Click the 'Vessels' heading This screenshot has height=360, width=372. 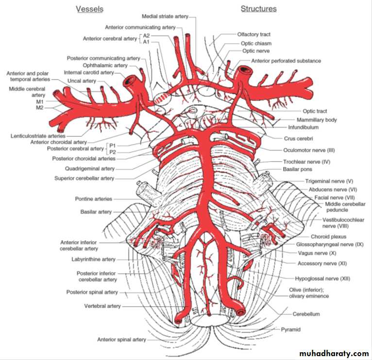[89, 9]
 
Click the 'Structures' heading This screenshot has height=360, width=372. [258, 9]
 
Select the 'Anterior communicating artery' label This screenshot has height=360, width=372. [140, 27]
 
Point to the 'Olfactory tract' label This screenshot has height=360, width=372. [254, 34]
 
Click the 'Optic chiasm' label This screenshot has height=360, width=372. [256, 43]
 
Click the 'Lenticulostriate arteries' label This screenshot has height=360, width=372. [38, 136]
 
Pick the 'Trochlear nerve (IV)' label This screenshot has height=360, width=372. [306, 162]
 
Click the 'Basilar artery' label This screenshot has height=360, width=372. [96, 212]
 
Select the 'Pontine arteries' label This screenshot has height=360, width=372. [94, 199]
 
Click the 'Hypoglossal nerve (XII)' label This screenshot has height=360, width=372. [322, 279]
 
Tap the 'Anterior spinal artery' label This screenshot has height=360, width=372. [121, 340]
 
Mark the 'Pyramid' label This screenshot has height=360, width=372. [291, 329]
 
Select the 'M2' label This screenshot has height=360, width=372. [40, 107]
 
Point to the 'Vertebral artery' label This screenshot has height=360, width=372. [102, 306]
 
